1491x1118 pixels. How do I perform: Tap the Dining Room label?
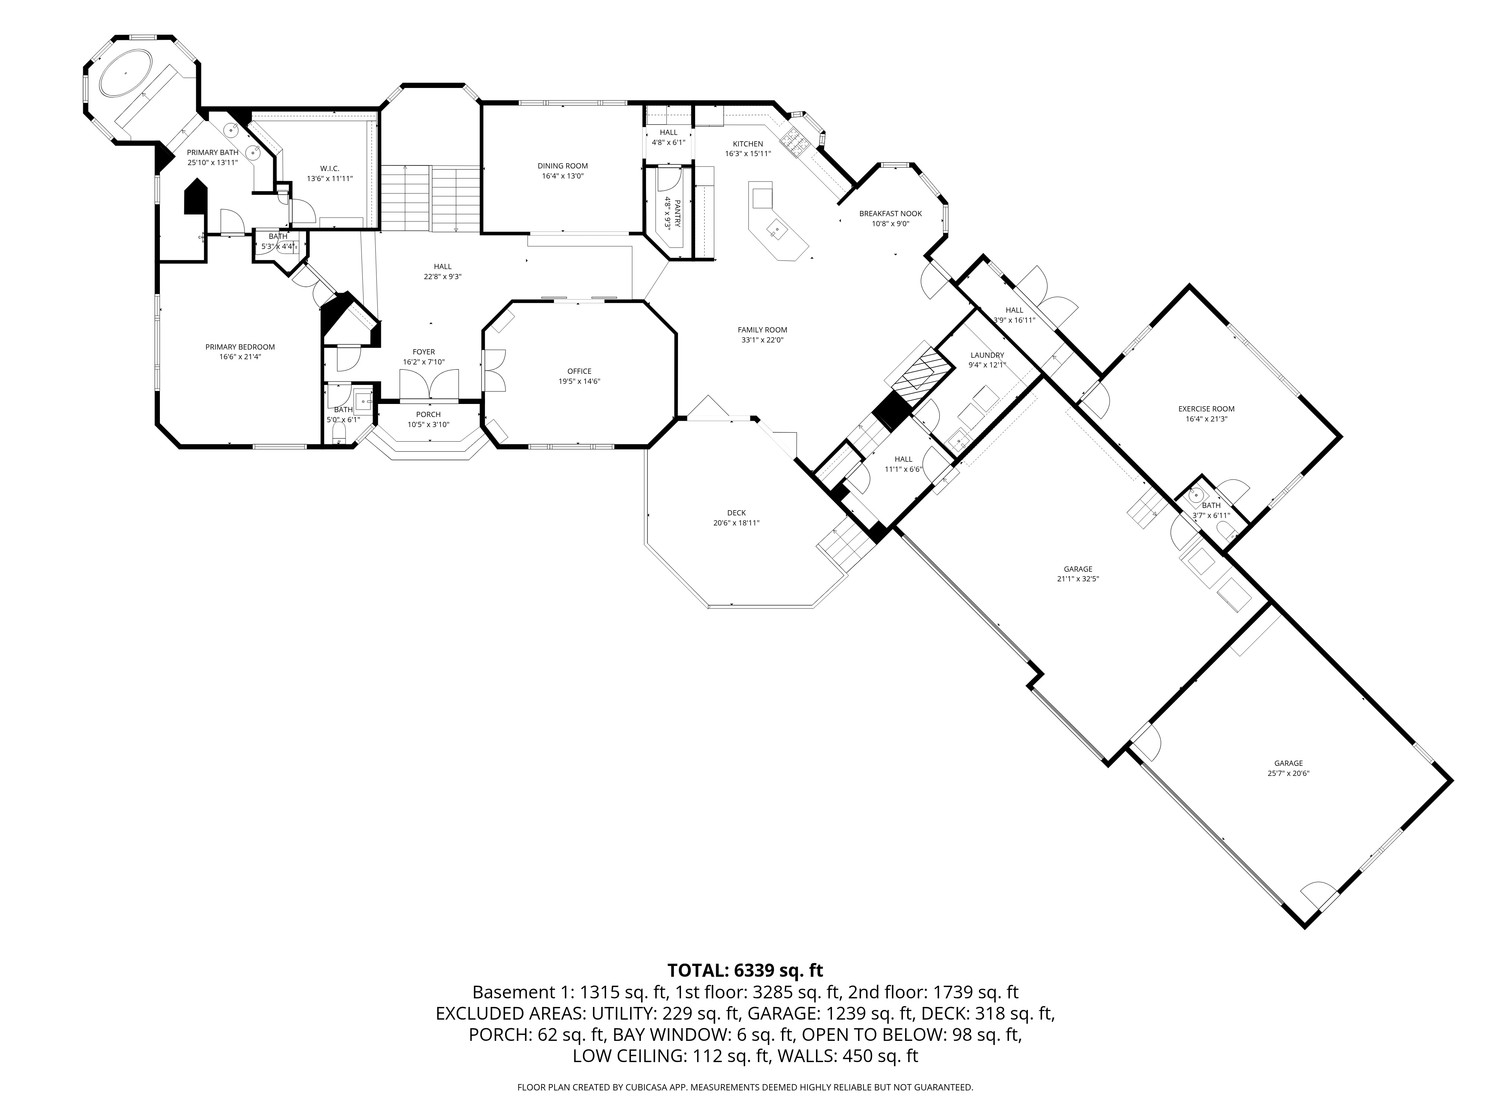[x=562, y=166]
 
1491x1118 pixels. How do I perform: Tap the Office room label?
[x=579, y=371]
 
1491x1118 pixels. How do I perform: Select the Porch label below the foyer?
[x=428, y=414]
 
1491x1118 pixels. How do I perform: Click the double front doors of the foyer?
[x=429, y=388]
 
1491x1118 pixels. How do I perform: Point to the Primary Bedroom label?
[x=240, y=347]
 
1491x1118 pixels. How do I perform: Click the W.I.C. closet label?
[x=330, y=168]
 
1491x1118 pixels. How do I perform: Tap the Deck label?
[x=736, y=513]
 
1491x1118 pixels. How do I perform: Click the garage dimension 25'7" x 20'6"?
[x=1288, y=774]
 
